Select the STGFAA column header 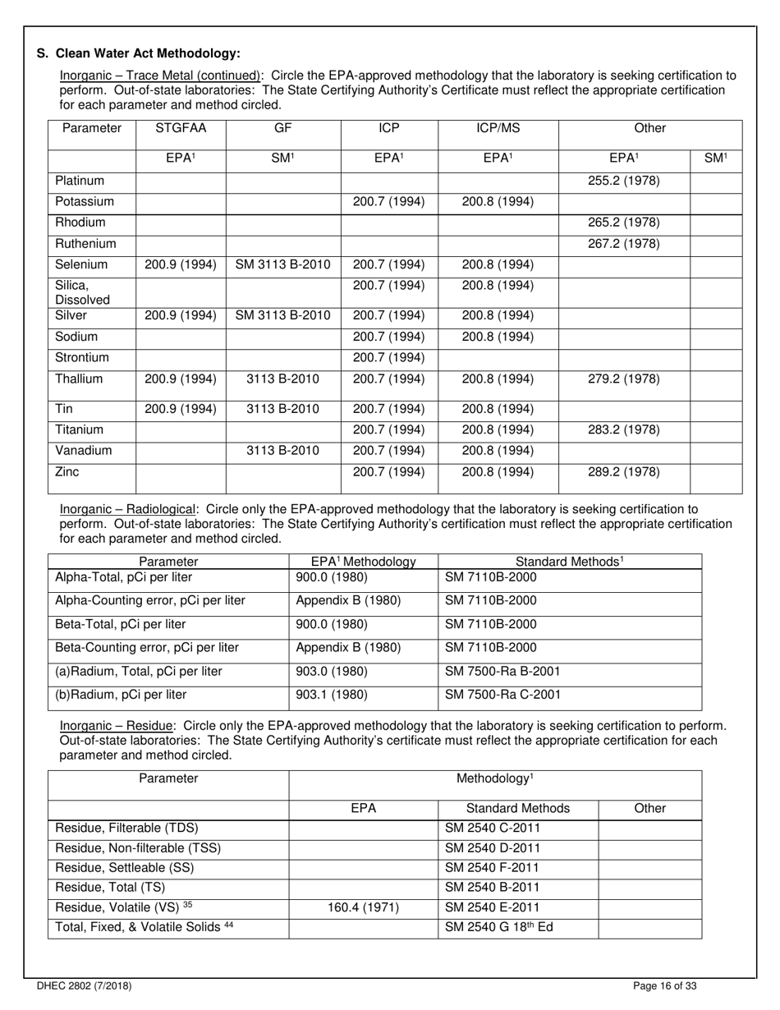[x=180, y=128]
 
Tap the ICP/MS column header [x=498, y=128]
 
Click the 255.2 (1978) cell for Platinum [x=623, y=180]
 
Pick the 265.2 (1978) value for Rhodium [x=623, y=223]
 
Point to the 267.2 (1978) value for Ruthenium [x=623, y=244]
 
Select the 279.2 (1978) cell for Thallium [x=623, y=379]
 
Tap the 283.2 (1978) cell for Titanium [x=623, y=429]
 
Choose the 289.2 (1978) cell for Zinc [x=623, y=472]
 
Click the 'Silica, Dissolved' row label [x=77, y=293]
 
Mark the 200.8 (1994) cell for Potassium [x=498, y=201]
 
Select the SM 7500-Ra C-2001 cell [x=502, y=695]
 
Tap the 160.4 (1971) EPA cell [x=364, y=907]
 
